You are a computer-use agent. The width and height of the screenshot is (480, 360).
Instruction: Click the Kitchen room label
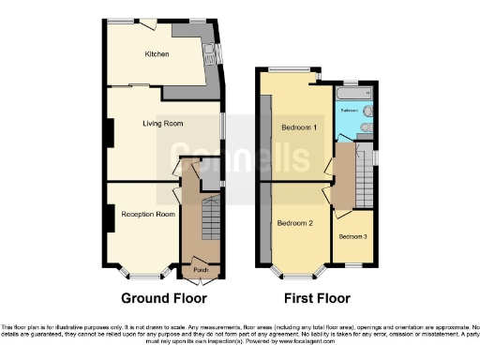point(156,54)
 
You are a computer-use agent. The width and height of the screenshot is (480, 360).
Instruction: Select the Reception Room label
point(146,215)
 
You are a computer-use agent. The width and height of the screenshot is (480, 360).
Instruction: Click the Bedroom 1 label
point(300,127)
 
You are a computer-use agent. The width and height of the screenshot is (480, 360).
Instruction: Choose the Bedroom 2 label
point(295,223)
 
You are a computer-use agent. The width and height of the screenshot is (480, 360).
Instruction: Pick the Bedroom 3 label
point(353,236)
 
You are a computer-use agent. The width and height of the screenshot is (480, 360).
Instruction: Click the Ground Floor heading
point(164,298)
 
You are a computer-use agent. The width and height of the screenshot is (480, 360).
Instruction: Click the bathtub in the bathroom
point(353,94)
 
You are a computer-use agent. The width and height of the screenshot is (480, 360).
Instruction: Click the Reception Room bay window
point(145,276)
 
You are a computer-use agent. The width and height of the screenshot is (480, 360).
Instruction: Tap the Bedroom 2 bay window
point(299,273)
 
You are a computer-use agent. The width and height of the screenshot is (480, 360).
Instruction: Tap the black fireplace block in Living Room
point(109,133)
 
